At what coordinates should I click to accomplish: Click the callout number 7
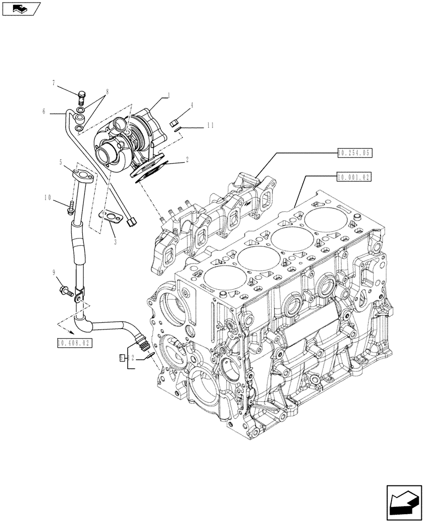53,83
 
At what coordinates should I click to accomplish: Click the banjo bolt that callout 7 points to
80,97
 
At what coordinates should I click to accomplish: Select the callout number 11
210,126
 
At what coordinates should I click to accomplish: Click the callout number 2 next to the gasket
186,163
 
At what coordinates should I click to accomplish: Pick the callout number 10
48,197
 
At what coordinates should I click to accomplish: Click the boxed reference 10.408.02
72,343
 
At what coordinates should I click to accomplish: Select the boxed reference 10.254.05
354,153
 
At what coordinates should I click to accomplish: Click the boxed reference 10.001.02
354,177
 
